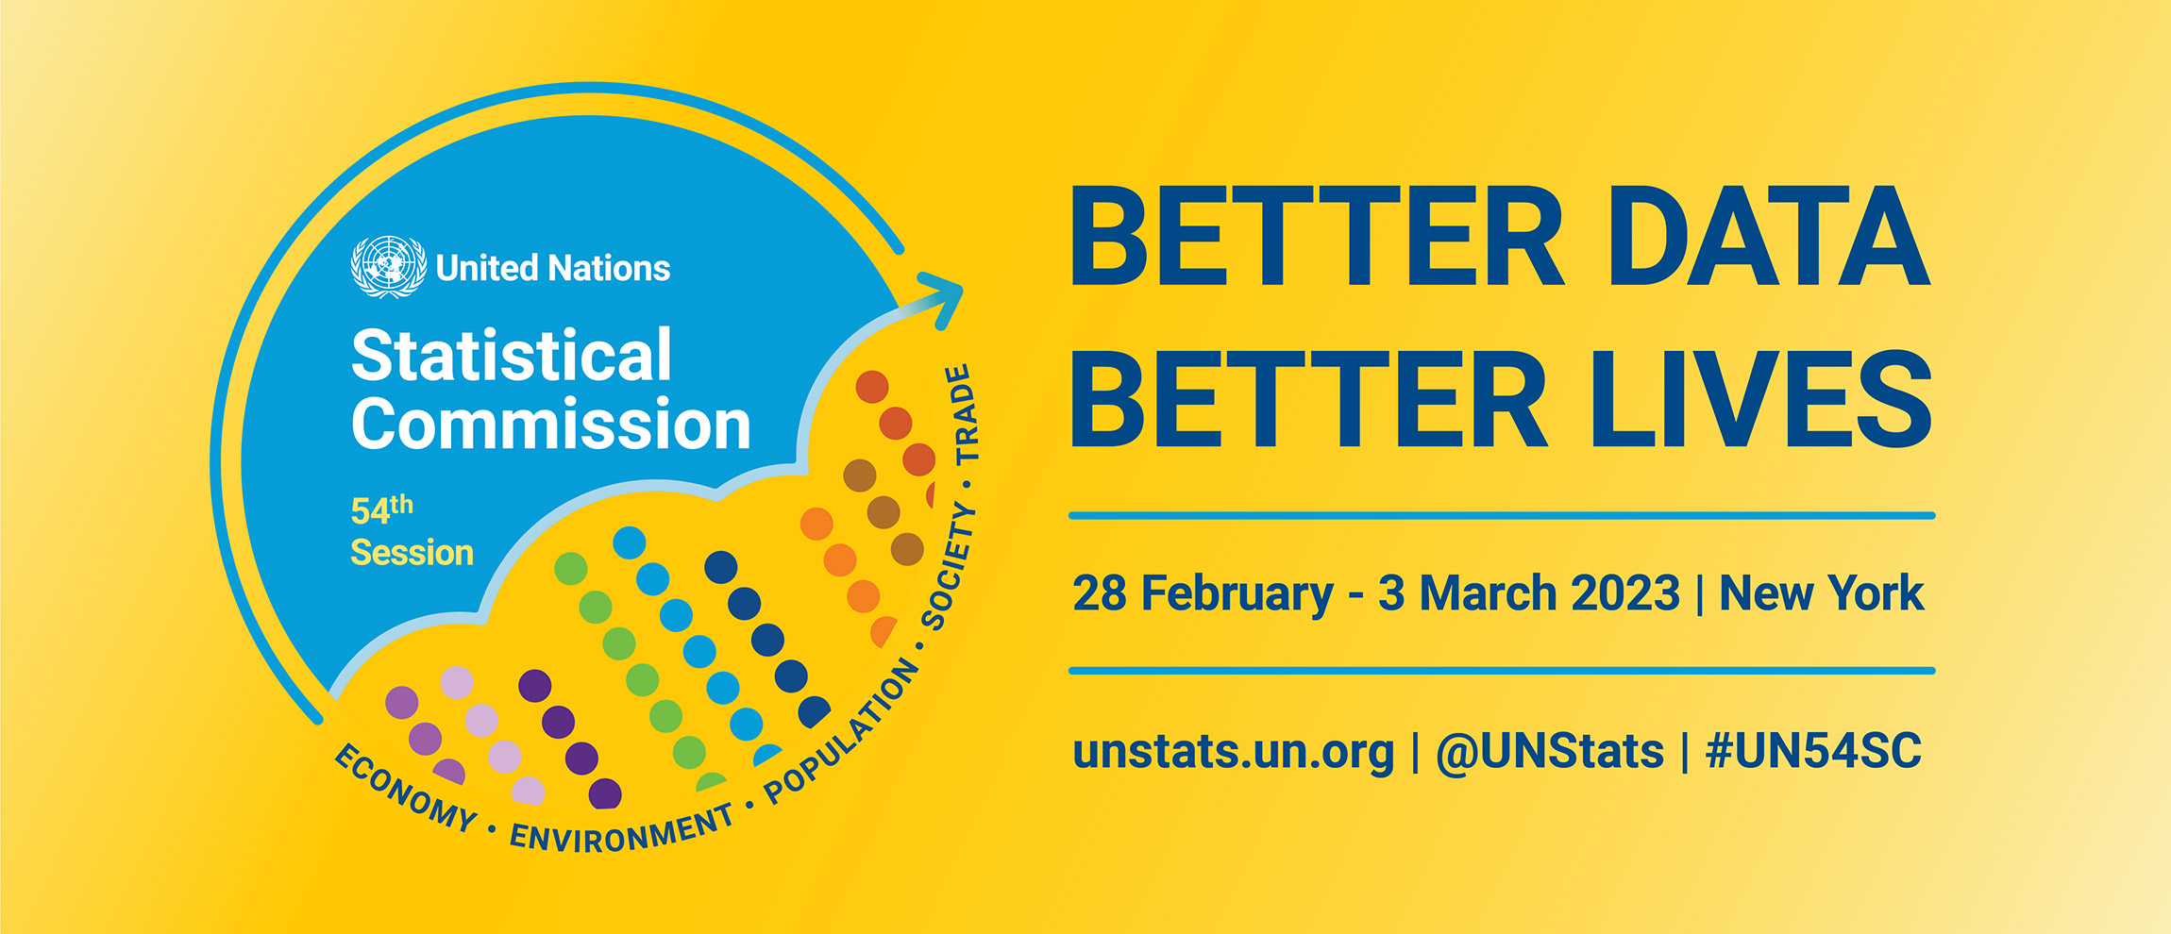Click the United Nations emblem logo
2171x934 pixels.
click(388, 267)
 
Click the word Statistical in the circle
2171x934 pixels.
click(512, 356)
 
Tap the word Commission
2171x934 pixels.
click(551, 424)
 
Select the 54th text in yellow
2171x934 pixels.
click(381, 509)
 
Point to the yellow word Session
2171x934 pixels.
click(412, 552)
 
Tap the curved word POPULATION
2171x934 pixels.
click(840, 732)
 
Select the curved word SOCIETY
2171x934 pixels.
click(948, 566)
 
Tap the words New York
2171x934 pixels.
click(1821, 593)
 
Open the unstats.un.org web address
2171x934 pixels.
click(1233, 752)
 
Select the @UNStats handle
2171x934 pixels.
click(1549, 752)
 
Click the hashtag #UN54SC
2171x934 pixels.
click(1813, 751)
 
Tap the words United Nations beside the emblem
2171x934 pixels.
click(553, 269)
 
